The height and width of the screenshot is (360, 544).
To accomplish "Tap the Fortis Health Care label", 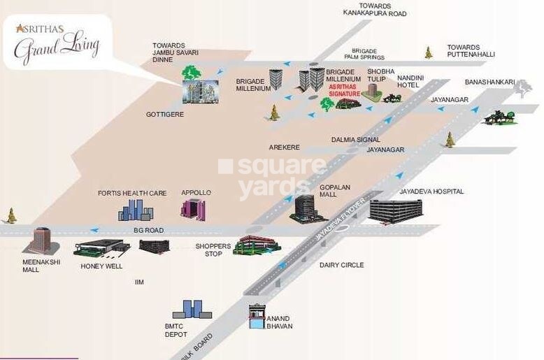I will (x=132, y=193).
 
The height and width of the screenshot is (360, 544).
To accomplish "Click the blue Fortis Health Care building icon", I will (x=135, y=210).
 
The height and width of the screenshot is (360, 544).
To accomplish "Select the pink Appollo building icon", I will (x=193, y=209).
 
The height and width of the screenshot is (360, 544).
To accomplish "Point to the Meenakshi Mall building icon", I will (x=41, y=240).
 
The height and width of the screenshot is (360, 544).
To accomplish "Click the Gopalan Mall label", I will (x=334, y=191).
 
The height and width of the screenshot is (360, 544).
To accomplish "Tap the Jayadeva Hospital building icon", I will (x=396, y=212).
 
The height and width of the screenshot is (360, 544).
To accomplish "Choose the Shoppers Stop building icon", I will (x=257, y=244).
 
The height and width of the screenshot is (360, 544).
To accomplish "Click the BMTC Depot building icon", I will (x=192, y=309).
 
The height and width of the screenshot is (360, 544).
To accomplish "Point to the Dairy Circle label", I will (x=341, y=265).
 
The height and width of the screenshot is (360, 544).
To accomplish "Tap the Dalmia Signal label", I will (x=355, y=140).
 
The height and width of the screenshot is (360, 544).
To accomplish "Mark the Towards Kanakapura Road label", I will (x=375, y=9).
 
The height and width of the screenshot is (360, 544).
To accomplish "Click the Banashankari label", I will (x=489, y=82).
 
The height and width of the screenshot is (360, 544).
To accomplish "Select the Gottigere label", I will (x=165, y=114).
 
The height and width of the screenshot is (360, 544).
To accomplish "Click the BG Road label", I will (x=148, y=230).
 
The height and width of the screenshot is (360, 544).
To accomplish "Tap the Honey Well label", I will (x=101, y=266).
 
